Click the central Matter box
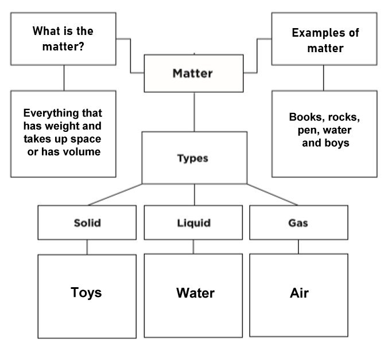[x=193, y=73]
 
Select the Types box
[x=192, y=158]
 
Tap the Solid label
[x=87, y=222]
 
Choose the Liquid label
[x=193, y=222]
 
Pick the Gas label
[x=298, y=222]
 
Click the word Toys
[x=86, y=292]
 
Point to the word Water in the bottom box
[x=195, y=293]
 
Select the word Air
[x=299, y=293]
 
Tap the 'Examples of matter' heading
[x=325, y=40]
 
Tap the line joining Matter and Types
[x=193, y=112]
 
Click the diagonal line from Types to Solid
[x=115, y=194]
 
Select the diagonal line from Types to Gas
[x=273, y=194]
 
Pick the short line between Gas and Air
[x=298, y=246]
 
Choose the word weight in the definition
[x=84, y=126]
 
